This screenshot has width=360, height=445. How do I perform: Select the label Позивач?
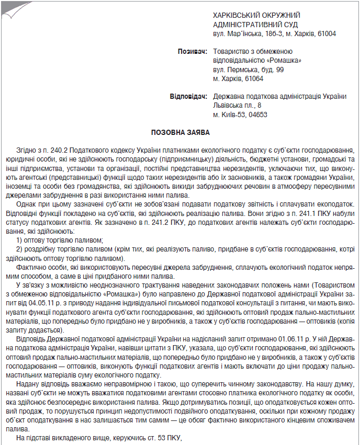tap(193, 52)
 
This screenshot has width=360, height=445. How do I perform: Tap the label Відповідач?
tap(188, 97)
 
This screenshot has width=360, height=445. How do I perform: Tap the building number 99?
tap(280, 70)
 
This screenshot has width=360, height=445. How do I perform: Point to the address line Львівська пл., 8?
tap(240, 106)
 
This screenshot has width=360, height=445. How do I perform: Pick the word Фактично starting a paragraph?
tap(31, 268)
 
